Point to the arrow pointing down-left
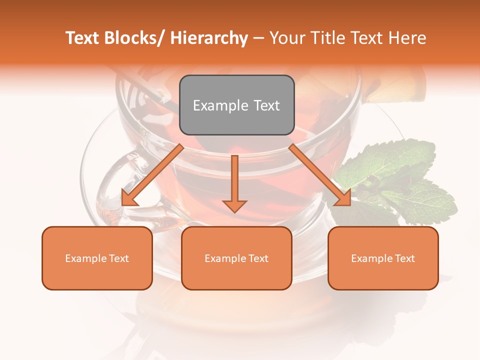(x=152, y=175)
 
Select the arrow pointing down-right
(x=320, y=175)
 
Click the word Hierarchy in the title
(x=209, y=38)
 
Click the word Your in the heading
(x=286, y=38)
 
